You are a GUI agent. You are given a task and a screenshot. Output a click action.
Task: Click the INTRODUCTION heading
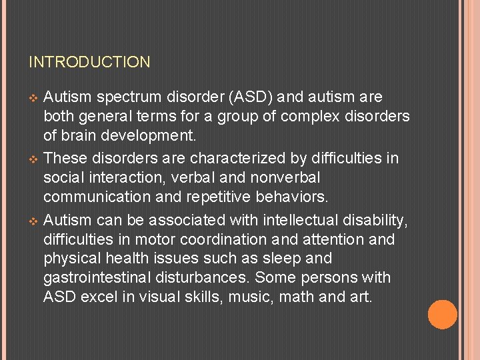(x=89, y=63)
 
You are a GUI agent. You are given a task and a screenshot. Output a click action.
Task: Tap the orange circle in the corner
(x=442, y=315)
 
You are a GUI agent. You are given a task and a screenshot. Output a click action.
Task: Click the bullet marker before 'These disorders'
(x=34, y=159)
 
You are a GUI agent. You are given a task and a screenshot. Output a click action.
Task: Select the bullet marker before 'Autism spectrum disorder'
(x=34, y=98)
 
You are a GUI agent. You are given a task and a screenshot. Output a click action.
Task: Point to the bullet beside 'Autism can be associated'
(x=34, y=221)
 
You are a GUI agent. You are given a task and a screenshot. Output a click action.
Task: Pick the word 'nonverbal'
(x=287, y=178)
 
